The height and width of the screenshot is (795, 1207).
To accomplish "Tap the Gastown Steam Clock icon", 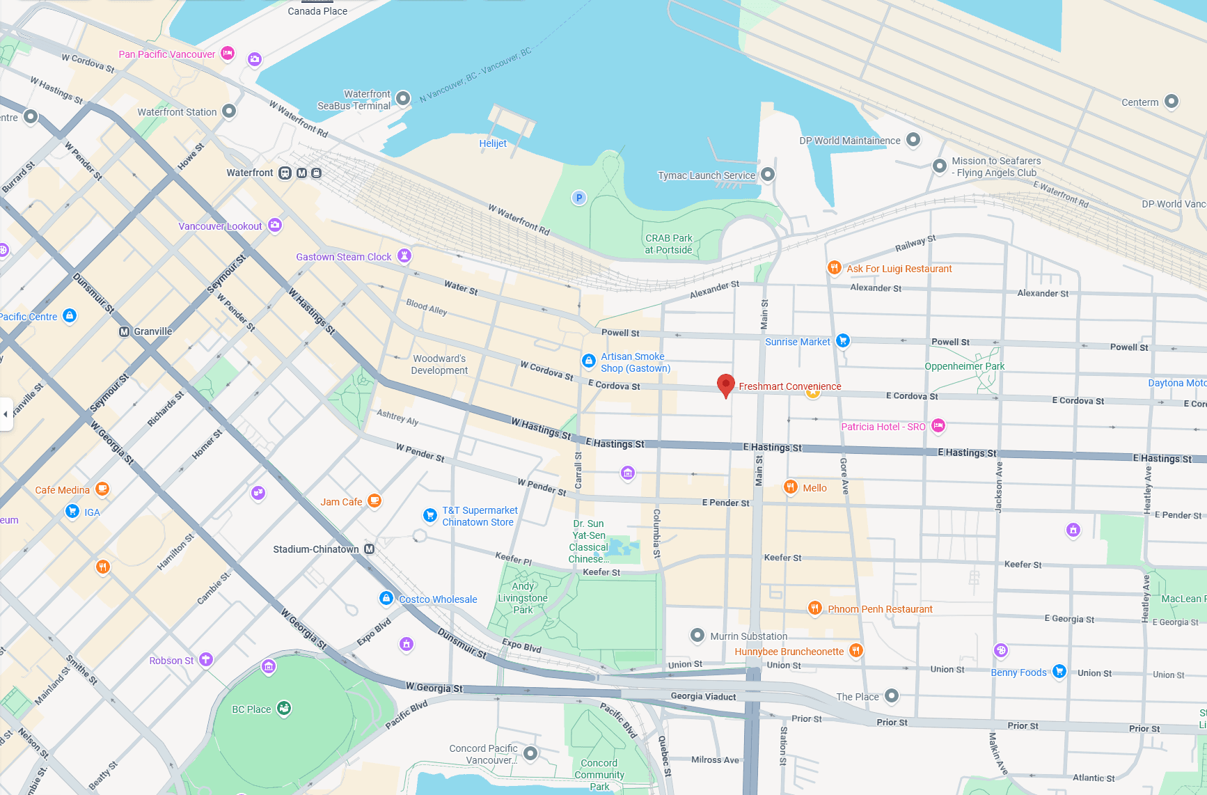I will (x=404, y=255).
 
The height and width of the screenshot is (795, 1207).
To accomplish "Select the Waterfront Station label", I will (x=177, y=112).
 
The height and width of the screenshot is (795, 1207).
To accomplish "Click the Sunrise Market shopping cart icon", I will (x=843, y=340).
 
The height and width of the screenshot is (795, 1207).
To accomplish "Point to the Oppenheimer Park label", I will (x=964, y=366).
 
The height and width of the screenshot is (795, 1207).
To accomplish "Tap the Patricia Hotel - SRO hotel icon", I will (x=938, y=425).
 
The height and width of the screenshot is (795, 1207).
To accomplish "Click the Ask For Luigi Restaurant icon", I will (x=834, y=267).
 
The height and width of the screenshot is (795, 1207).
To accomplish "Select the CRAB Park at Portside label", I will (x=668, y=244).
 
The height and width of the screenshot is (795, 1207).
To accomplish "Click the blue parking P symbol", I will (x=579, y=198).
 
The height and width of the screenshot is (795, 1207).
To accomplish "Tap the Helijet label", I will (x=493, y=143).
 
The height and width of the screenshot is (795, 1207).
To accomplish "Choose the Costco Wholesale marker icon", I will (x=386, y=598).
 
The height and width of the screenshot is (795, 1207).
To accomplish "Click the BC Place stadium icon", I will (x=284, y=708).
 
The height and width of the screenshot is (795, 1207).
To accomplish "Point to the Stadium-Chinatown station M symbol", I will (x=370, y=549).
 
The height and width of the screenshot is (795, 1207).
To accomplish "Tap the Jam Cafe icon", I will (x=374, y=500).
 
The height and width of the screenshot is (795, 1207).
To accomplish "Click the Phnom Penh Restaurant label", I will (x=880, y=609).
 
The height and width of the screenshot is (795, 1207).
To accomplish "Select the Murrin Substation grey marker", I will (x=697, y=635).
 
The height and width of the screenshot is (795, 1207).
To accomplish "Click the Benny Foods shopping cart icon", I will (x=1059, y=671).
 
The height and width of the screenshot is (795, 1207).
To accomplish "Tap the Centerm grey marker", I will (x=1171, y=101).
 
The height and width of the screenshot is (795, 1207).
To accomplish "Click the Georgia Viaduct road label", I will (x=703, y=696).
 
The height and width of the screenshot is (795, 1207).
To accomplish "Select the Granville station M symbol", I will (x=125, y=331).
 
